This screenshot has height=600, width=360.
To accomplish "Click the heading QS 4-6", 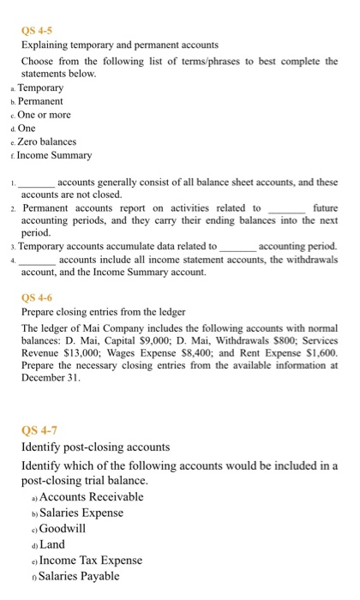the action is coord(37,297).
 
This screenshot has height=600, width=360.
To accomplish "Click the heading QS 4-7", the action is coord(39,430).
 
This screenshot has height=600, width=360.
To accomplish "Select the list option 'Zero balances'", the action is coord(47,141).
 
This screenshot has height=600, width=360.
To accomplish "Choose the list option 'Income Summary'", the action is coord(55,154).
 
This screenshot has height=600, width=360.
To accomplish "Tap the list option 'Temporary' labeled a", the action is coord(41,87).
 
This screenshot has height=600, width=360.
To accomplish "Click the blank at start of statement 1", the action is coord(37,183).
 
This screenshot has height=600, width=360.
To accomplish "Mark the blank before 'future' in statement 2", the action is coord(286,207).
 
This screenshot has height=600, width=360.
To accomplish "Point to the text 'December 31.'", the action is coord(48,377).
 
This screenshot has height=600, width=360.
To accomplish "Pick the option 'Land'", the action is coord(51,544).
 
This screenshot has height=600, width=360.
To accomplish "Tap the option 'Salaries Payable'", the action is coord(80,576).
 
